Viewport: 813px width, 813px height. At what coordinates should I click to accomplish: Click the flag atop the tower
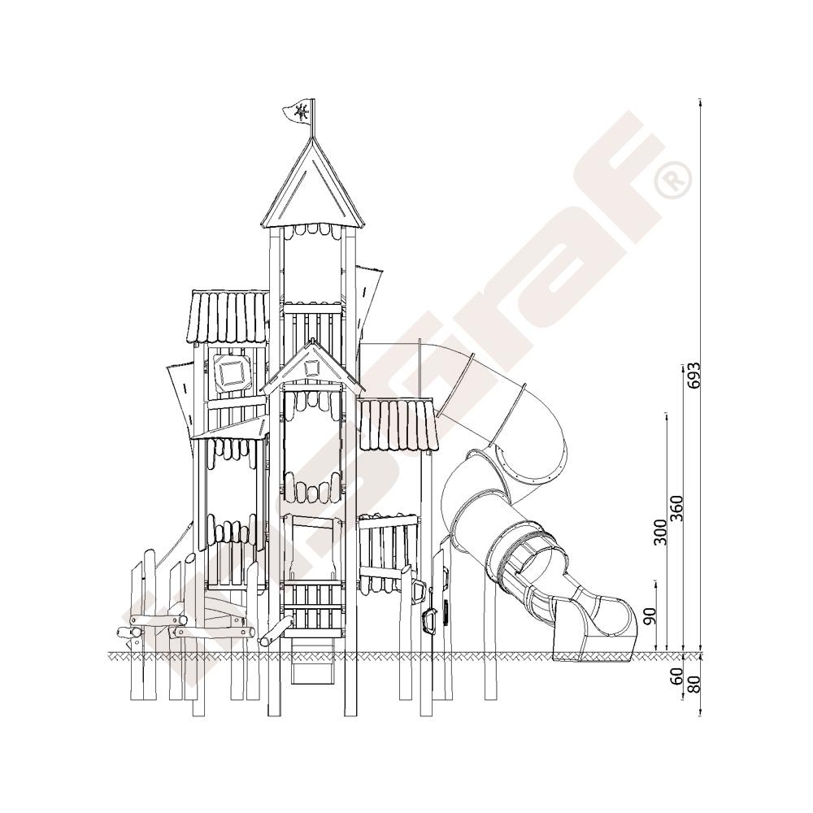click(x=298, y=111)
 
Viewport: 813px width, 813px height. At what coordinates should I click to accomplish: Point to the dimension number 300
click(x=659, y=532)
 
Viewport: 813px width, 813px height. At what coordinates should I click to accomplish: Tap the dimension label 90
click(x=650, y=615)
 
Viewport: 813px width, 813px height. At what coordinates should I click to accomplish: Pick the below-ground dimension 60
click(x=676, y=676)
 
